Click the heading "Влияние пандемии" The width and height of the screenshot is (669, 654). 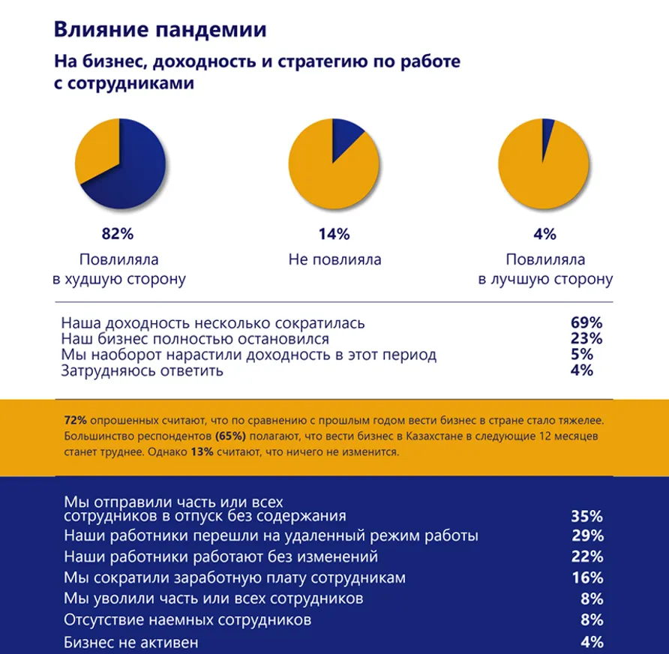[x=160, y=30]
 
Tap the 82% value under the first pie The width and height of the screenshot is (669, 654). [x=118, y=234]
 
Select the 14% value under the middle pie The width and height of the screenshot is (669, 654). [x=334, y=234]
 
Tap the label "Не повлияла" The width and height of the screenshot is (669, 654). [x=334, y=260]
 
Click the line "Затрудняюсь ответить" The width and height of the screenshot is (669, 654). [x=142, y=370]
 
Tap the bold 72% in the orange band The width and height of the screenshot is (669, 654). [x=75, y=419]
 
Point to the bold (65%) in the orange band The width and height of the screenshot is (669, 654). [x=230, y=436]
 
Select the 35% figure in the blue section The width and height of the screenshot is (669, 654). [x=586, y=516]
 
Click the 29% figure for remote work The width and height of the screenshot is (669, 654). [x=586, y=536]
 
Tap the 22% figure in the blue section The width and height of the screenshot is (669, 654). [x=586, y=556]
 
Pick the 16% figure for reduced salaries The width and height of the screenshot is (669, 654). [x=586, y=577]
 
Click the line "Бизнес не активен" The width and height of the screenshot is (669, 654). [x=131, y=643]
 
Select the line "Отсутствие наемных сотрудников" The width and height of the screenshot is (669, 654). [x=187, y=620]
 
